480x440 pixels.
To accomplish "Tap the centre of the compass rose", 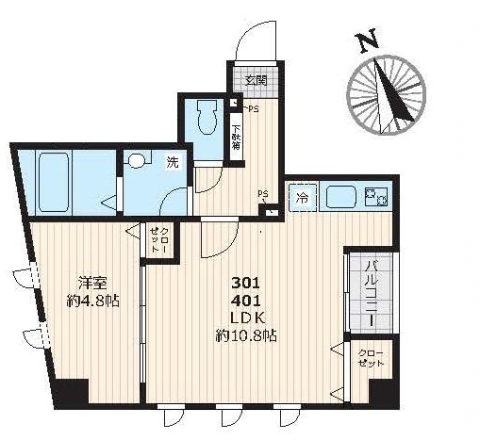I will tap(387, 94).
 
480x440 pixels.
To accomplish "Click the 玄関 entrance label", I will tap(256, 80).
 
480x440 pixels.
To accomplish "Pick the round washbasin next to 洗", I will tap(139, 161).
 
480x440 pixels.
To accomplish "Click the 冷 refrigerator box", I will tap(303, 198).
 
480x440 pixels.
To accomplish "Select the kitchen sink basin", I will tap(340, 198).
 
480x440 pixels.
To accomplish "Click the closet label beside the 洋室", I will tap(156, 239).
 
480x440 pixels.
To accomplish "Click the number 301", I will tap(244, 283).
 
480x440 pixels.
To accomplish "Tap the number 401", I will tap(244, 301).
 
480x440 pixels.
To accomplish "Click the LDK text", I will tap(244, 318).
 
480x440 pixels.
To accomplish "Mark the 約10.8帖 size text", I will tap(244, 335).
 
